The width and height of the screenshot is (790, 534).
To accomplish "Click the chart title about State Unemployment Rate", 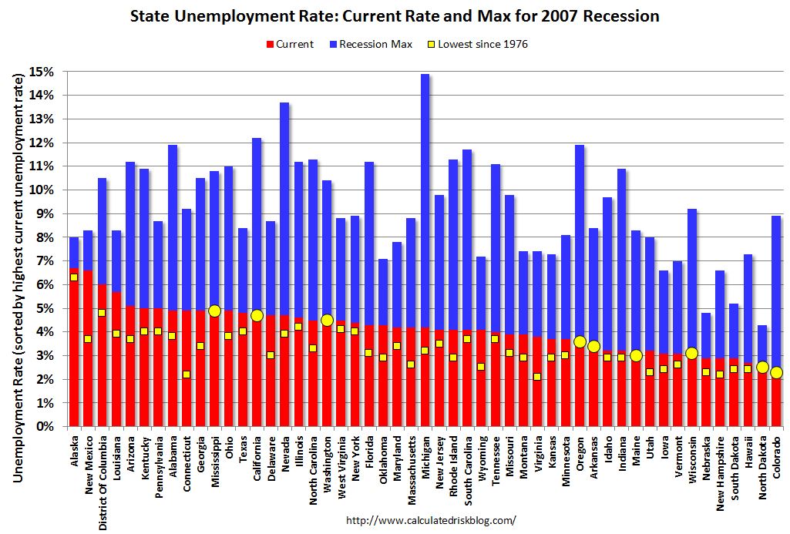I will click(395, 15).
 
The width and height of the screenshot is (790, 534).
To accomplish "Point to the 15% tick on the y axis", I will click(43, 72).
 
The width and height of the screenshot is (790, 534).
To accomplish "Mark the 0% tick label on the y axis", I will click(45, 426).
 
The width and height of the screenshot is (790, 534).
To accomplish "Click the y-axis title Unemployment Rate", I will click(17, 247).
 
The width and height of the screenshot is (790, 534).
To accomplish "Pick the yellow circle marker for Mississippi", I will click(214, 311).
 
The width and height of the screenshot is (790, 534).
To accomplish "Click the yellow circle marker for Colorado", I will click(776, 372).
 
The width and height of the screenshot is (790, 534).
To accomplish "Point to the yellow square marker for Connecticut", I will click(187, 374).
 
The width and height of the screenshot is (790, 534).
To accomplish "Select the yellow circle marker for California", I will click(257, 315).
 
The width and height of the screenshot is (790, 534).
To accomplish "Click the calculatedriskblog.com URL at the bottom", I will click(431, 520).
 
